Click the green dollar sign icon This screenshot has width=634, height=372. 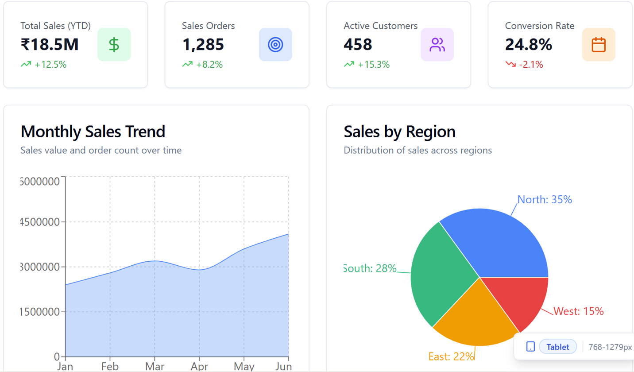(114, 44)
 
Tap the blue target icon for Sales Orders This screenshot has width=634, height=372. (275, 44)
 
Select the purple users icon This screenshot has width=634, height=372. (437, 44)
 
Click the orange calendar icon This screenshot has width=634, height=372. (599, 44)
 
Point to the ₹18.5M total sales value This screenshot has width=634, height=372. (50, 44)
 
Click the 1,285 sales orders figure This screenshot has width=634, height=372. (203, 44)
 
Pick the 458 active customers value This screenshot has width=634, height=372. (358, 44)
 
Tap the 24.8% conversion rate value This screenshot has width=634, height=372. (528, 44)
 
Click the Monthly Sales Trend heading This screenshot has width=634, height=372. (93, 132)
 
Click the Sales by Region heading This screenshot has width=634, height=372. (399, 132)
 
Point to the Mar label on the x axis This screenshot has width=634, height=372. (154, 367)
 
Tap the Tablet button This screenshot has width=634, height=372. (558, 347)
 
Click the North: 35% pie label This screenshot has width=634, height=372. (545, 200)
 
